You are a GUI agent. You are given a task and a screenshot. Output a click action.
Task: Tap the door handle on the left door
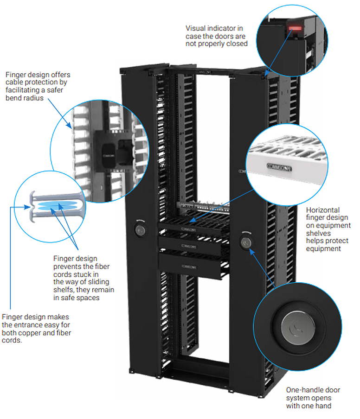[139, 229]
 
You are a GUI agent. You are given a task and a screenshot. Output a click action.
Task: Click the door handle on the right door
[245, 242]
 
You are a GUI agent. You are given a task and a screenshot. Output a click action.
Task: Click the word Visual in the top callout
[195, 29]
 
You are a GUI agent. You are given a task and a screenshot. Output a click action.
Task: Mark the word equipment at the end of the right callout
[323, 249]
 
